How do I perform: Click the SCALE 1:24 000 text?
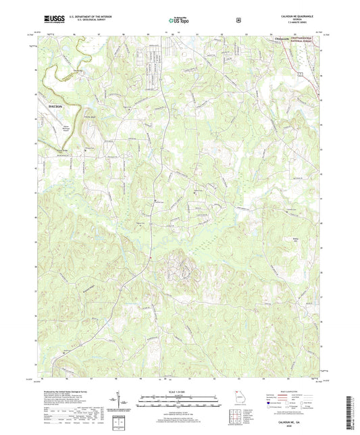click(179, 391)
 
